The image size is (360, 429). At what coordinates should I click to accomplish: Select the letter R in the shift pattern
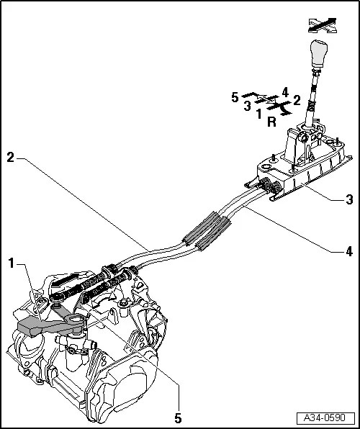tap(271, 122)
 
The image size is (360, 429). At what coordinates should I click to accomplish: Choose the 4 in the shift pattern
tap(285, 92)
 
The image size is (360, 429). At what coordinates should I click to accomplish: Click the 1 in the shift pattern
tap(258, 114)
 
